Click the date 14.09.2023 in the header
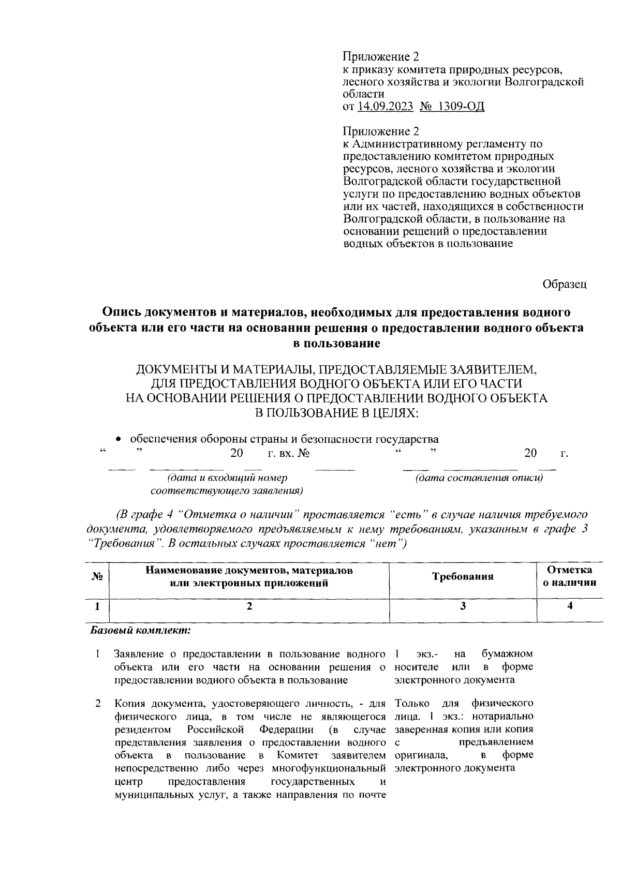[x=386, y=107]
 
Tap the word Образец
[x=565, y=284]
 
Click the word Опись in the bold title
[x=122, y=312]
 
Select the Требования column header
[x=463, y=576]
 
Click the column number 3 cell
[x=463, y=606]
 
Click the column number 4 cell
[x=570, y=606]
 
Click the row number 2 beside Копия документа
[x=97, y=704]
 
